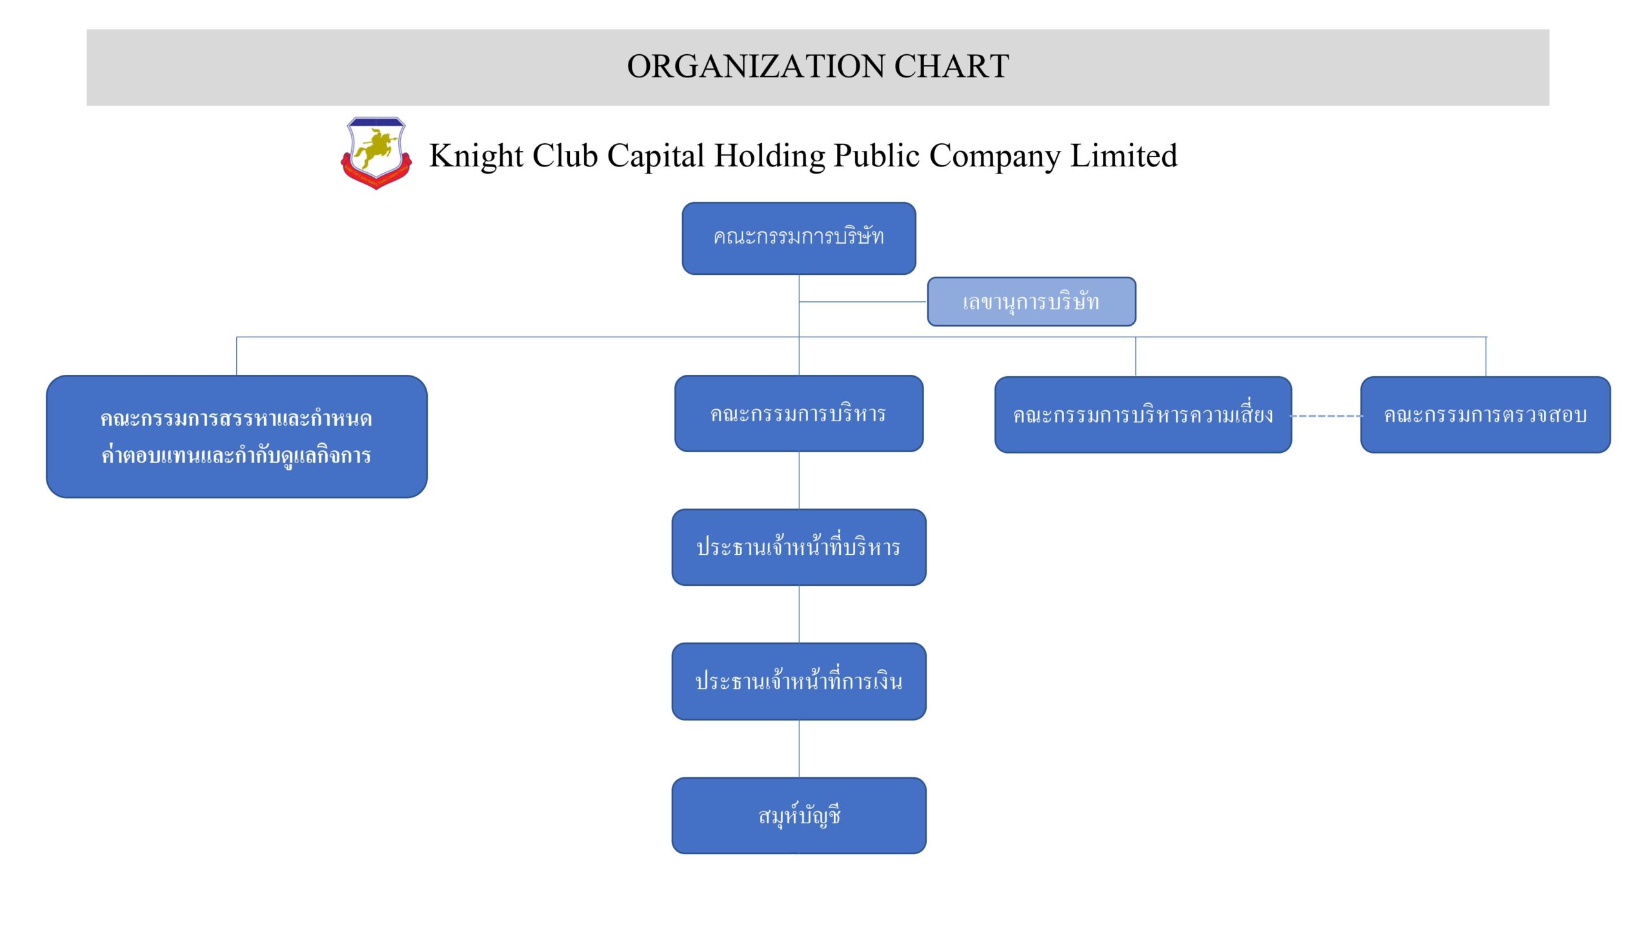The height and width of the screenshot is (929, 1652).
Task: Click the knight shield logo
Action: click(376, 153)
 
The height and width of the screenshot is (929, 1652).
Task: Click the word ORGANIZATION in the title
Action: click(755, 66)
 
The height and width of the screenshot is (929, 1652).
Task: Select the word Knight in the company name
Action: click(476, 156)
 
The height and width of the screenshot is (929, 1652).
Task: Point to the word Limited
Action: click(1123, 156)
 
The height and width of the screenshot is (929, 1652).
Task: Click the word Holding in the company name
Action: click(769, 156)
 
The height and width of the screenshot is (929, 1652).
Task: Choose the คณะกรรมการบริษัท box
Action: click(799, 238)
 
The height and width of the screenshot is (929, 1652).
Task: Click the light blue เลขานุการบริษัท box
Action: click(1031, 301)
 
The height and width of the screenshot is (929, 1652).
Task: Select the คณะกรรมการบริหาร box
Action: click(799, 414)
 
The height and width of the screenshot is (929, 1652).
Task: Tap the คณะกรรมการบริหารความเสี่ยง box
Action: click(1143, 415)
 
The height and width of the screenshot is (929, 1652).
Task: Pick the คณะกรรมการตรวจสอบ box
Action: click(1485, 415)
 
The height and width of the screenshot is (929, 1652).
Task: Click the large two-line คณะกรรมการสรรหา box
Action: click(236, 436)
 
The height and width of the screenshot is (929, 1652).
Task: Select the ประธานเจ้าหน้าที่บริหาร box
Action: click(799, 547)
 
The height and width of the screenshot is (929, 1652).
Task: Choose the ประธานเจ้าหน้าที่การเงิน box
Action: click(799, 681)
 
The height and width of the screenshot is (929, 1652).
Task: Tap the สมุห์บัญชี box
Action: click(799, 815)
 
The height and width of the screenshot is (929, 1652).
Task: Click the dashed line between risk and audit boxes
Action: click(1326, 416)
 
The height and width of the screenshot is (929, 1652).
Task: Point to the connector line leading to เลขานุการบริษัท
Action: click(863, 301)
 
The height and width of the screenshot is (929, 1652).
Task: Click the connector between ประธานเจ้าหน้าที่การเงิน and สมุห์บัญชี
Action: click(799, 748)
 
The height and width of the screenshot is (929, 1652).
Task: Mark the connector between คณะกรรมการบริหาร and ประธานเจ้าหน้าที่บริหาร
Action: click(799, 480)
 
